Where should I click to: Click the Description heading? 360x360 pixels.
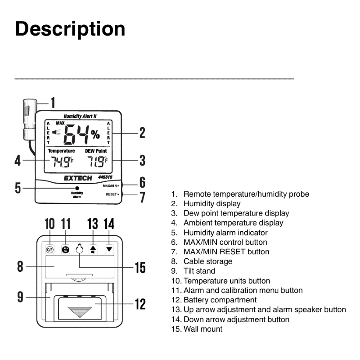[x=70, y=29]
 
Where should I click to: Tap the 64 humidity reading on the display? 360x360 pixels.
[x=76, y=135]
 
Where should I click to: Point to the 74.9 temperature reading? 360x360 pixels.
[x=60, y=162]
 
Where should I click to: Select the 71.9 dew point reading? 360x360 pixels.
[x=96, y=162]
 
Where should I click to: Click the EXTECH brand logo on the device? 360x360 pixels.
[x=78, y=178]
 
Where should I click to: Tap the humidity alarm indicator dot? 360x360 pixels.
[x=77, y=188]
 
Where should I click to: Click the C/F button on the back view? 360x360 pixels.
[x=50, y=250]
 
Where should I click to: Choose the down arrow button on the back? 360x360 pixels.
[x=109, y=249]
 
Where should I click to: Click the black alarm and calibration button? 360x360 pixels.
[x=66, y=249]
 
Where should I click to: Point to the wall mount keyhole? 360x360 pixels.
[x=80, y=249]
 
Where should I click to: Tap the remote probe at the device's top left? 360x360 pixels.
[x=30, y=119]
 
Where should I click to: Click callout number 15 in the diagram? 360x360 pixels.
[x=140, y=267]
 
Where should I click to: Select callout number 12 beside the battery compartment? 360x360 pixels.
[x=140, y=304]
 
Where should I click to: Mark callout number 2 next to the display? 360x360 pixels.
[x=142, y=133]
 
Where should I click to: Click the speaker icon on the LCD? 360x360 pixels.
[x=56, y=132]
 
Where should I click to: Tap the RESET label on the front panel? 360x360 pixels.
[x=111, y=194]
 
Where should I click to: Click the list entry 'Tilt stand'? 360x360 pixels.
[x=199, y=271]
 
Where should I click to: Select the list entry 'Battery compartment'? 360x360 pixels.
[x=220, y=300]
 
